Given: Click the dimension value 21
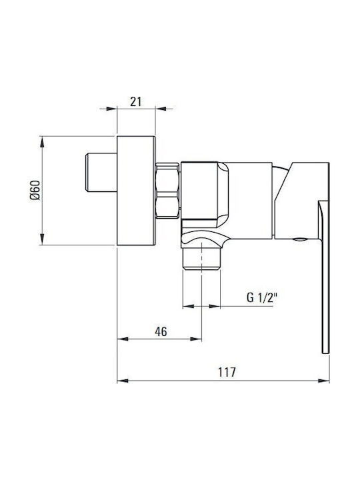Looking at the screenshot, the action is [x=136, y=101].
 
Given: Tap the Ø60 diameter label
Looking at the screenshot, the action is [x=35, y=191].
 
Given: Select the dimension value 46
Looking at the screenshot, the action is [x=161, y=331].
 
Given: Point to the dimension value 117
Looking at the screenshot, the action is [x=227, y=372].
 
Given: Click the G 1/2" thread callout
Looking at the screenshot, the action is [x=262, y=297].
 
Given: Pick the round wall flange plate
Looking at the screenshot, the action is [x=136, y=191].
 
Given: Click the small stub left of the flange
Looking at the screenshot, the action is [x=101, y=173].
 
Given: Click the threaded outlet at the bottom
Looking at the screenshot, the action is [x=201, y=259].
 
